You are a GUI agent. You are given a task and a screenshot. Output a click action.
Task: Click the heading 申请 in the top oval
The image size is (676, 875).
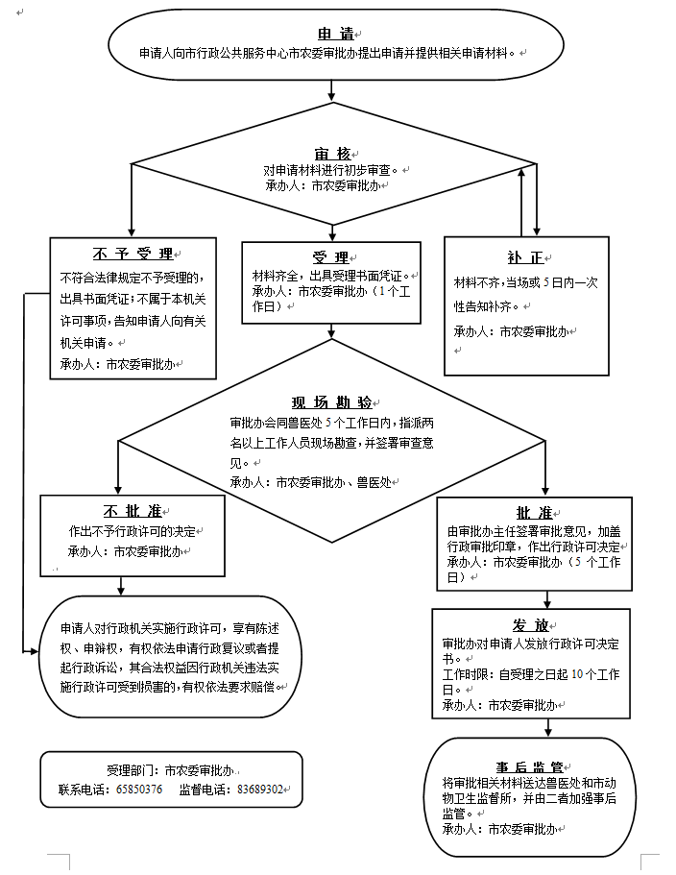pos(332,35)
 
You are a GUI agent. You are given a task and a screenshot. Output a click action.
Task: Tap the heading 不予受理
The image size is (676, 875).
pos(133,255)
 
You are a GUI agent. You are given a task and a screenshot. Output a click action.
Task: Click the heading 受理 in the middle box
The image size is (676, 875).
pos(329,257)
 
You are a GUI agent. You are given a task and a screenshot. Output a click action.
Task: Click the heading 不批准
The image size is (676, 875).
pos(125,510)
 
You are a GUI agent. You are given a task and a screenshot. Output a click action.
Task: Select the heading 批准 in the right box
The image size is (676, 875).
pos(534,512)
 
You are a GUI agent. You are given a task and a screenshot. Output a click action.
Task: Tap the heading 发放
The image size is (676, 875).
pos(530,625)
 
